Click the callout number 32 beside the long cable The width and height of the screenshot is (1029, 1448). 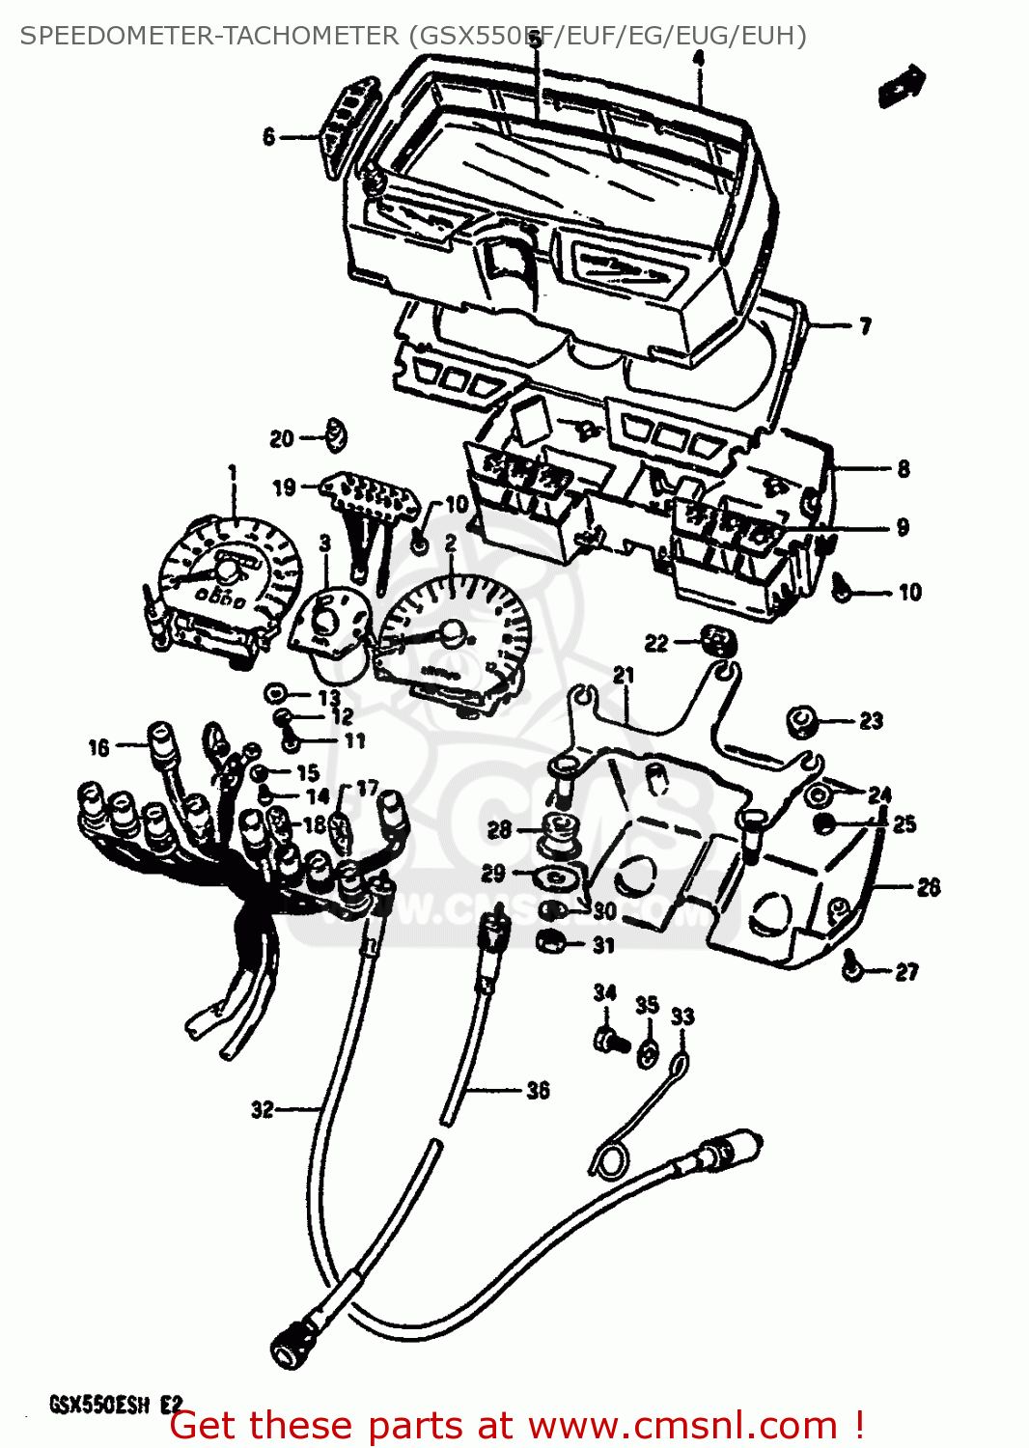262,1110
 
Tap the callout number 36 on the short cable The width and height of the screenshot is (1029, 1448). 538,1091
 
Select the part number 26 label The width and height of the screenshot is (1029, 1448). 928,887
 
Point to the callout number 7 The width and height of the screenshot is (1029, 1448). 865,326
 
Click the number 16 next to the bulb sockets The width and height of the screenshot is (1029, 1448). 98,747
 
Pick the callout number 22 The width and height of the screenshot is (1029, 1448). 656,643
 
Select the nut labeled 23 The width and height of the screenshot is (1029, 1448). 802,720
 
